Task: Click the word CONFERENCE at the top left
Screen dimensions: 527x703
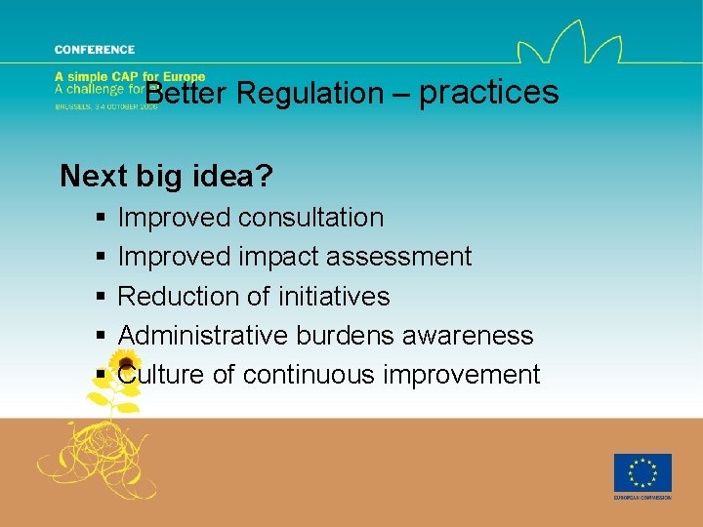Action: tap(95, 50)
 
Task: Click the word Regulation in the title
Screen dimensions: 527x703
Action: tap(310, 94)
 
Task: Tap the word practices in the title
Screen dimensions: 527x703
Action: tap(488, 93)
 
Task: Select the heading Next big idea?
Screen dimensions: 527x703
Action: tap(166, 176)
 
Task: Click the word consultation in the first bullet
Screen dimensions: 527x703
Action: tap(313, 217)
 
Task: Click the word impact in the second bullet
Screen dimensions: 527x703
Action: tap(279, 257)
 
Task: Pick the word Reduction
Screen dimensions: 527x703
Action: tap(181, 296)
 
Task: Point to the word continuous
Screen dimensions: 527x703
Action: tap(313, 375)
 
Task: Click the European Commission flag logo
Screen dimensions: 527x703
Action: tap(641, 473)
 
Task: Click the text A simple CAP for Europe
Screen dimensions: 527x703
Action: tap(130, 77)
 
